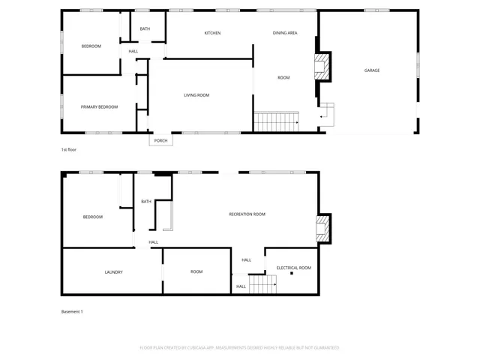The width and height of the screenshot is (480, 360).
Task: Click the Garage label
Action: click(x=372, y=70)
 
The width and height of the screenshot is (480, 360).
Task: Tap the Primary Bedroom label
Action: click(x=100, y=107)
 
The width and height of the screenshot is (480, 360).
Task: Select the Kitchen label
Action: click(x=212, y=33)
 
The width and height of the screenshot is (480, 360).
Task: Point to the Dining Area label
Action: click(x=285, y=33)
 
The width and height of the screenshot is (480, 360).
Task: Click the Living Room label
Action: click(x=196, y=95)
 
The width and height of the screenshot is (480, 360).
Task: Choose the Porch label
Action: click(x=160, y=141)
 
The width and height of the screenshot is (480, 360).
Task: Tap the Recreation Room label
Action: click(x=247, y=214)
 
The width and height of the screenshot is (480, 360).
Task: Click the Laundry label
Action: click(x=113, y=272)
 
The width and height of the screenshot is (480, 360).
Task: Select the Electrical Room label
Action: click(x=293, y=268)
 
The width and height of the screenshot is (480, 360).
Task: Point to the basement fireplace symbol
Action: click(x=322, y=229)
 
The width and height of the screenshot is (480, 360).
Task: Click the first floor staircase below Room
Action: click(x=276, y=121)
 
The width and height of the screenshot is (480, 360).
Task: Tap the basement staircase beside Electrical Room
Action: click(x=262, y=284)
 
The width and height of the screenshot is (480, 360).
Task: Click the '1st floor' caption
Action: click(x=69, y=150)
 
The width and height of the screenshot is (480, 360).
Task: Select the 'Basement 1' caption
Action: click(x=72, y=312)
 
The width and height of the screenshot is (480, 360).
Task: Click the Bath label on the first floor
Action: click(x=145, y=29)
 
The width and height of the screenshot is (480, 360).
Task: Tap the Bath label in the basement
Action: click(x=145, y=202)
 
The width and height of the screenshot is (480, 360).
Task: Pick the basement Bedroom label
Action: click(x=92, y=217)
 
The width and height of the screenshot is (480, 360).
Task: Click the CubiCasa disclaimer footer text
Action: click(x=240, y=348)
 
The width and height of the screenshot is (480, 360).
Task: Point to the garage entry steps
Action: click(x=327, y=114)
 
